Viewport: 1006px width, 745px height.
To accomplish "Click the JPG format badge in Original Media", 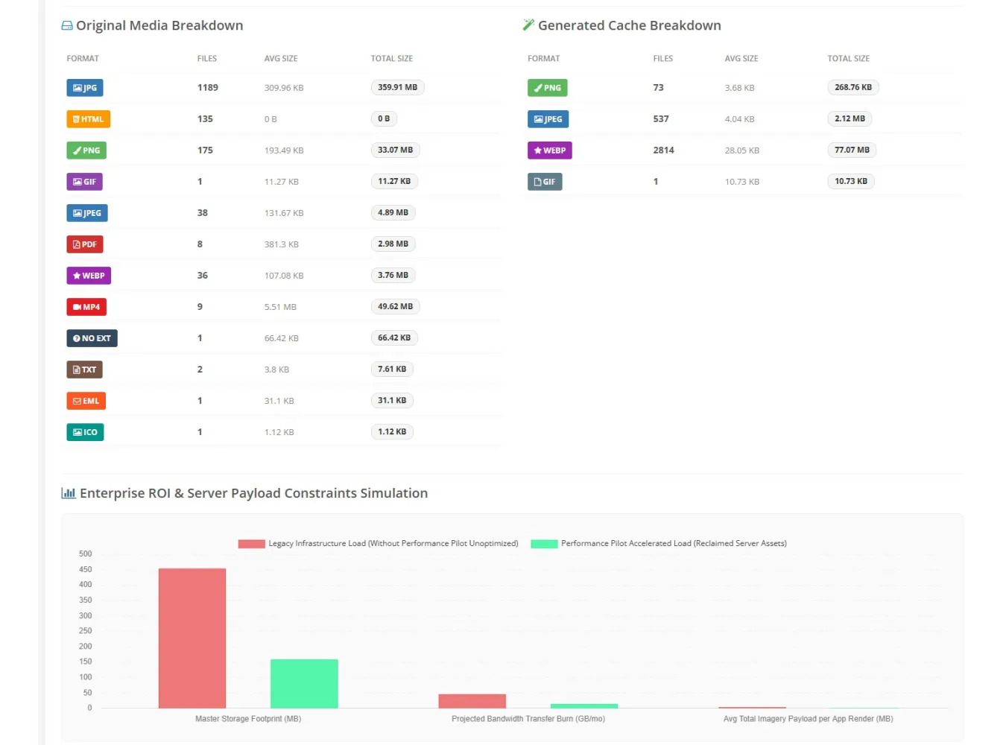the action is coord(85,87).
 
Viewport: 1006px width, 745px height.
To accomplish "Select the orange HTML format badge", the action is coord(89,118).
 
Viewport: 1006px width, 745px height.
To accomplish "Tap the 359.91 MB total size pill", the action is coord(397,87).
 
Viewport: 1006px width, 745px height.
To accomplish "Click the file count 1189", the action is coord(208,87).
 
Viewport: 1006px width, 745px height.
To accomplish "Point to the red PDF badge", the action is coord(85,244).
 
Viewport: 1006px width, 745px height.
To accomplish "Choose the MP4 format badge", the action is coord(86,306).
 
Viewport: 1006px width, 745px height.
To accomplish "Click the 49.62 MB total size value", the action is coord(396,306).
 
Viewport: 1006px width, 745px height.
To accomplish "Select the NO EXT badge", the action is coord(92,337).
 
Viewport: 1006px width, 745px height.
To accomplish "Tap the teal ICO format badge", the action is coord(85,431).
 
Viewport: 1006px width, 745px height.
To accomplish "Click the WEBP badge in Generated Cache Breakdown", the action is coord(550,150).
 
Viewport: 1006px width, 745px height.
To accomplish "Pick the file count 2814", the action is coord(663,150).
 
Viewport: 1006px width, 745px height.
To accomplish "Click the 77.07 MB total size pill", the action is coord(852,150).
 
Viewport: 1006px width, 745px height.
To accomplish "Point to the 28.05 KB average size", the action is coord(742,150).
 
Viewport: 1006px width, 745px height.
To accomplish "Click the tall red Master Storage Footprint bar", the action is coord(192,638).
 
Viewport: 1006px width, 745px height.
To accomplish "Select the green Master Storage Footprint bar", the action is coord(304,683).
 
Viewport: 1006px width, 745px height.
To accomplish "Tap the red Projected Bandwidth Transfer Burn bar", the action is coord(472,700).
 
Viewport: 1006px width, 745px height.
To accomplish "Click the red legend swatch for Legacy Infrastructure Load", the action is coord(251,544).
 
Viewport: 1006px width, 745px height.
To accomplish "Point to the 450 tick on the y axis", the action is coord(85,569).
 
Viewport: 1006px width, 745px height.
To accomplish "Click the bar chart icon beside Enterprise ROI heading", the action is coord(69,493).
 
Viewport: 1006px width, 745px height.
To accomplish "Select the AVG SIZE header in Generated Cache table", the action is coord(741,58).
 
